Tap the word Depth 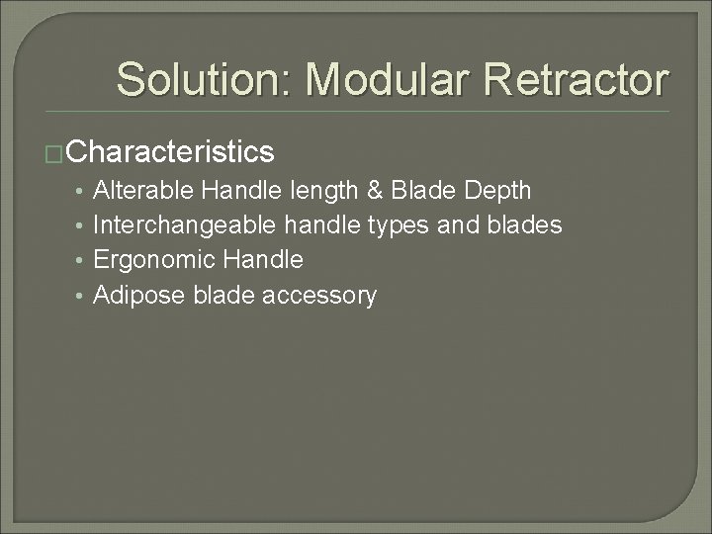pos(499,190)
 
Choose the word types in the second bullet pos(399,226)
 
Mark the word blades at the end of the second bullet pos(525,224)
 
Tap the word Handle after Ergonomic pos(263,259)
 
